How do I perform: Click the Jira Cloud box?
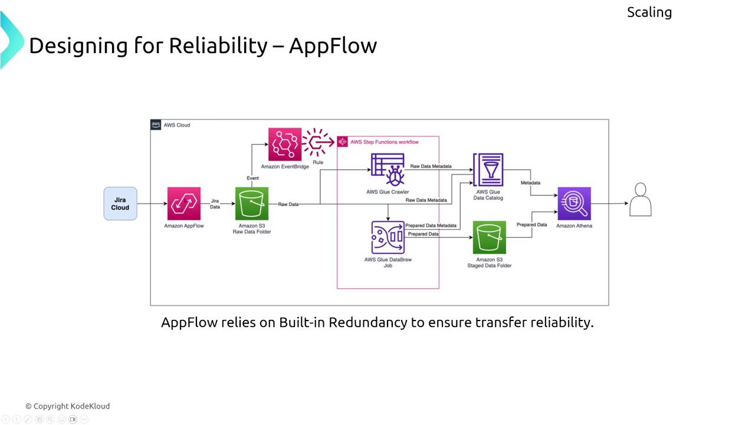pyautogui.click(x=120, y=204)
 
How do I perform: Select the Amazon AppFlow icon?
pyautogui.click(x=184, y=204)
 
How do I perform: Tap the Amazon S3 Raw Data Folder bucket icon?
pyautogui.click(x=252, y=204)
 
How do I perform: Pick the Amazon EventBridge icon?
pyautogui.click(x=285, y=145)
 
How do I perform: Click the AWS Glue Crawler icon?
pyautogui.click(x=388, y=169)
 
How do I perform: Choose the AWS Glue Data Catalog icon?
pyautogui.click(x=488, y=170)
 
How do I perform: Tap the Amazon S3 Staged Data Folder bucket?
pyautogui.click(x=489, y=237)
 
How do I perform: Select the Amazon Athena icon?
pyautogui.click(x=574, y=204)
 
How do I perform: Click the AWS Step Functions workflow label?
pyautogui.click(x=384, y=142)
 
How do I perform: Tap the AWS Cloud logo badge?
pyautogui.click(x=156, y=125)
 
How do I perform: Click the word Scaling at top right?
pyautogui.click(x=649, y=12)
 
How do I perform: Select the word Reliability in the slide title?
pyautogui.click(x=218, y=45)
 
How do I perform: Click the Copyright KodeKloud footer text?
pyautogui.click(x=67, y=406)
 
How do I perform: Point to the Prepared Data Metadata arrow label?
pyautogui.click(x=431, y=225)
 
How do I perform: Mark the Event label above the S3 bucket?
pyautogui.click(x=252, y=178)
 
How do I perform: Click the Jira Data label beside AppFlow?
pyautogui.click(x=215, y=204)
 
